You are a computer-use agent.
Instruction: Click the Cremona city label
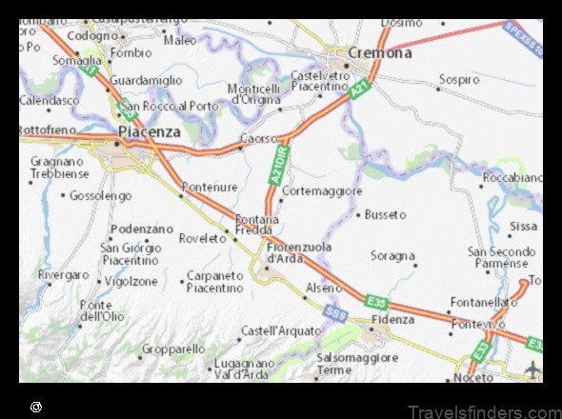point(380,53)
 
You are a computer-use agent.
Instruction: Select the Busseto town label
point(385,215)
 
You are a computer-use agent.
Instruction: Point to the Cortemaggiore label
point(323,191)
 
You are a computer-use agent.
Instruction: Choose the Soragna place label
point(392,256)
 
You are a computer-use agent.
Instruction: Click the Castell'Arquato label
point(278,330)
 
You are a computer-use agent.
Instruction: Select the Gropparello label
point(173,349)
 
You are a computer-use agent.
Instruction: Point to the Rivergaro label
point(64,274)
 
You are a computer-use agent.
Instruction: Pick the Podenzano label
point(142,229)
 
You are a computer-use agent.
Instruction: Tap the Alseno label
point(323,287)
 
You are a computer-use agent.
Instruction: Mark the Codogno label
point(91,35)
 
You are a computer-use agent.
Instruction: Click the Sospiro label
point(459,80)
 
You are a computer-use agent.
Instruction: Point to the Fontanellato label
point(484,302)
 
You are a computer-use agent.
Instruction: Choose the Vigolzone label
point(131,282)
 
